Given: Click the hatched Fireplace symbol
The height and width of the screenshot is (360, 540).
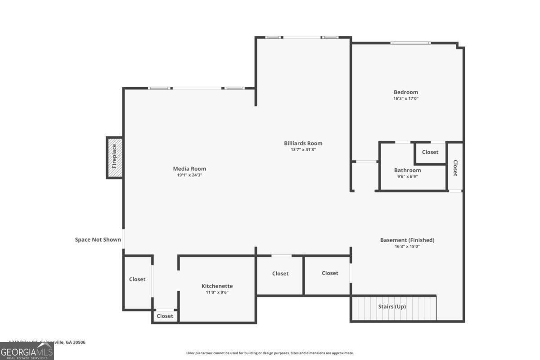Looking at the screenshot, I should click(115, 157).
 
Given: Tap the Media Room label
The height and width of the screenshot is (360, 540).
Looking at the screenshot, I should click(189, 169).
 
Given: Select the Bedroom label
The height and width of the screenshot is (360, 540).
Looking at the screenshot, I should click(405, 92).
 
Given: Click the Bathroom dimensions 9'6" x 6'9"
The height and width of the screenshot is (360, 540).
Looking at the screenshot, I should click(407, 176).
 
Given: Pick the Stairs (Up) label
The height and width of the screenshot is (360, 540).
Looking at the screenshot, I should click(391, 306).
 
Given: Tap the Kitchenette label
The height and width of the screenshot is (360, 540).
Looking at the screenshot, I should click(217, 286).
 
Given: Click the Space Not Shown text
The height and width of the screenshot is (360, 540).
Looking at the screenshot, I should click(98, 239).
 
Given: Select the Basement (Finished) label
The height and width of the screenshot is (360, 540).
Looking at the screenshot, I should click(407, 240).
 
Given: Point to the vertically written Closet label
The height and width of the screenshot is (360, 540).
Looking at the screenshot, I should click(455, 168).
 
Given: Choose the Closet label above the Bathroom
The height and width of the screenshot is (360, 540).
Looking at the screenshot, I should click(430, 152).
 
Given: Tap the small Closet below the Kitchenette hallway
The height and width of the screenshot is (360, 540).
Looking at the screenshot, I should click(165, 316).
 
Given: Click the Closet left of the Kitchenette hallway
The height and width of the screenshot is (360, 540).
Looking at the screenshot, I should click(137, 279).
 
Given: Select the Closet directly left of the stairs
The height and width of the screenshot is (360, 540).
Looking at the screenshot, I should click(330, 273).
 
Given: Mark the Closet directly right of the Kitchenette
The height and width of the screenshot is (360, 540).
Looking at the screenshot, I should click(280, 273).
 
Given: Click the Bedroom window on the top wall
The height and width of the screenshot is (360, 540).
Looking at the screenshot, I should click(410, 43).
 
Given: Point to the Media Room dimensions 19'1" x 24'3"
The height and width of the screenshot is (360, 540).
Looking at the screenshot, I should click(189, 175).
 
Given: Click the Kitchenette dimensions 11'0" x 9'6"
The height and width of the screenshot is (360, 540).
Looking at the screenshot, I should click(217, 292).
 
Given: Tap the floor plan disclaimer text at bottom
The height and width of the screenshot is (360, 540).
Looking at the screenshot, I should click(270, 353).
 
